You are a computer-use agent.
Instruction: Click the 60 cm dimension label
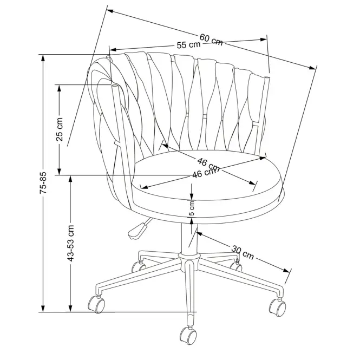click(211, 40)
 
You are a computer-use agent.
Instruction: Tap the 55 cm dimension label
click(189, 44)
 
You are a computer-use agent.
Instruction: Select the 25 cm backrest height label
click(60, 129)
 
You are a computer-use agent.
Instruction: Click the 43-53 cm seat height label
click(70, 244)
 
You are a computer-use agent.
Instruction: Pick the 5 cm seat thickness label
click(192, 208)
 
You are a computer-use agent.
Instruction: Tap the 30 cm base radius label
click(243, 253)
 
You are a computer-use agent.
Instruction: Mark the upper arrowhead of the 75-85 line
click(43, 58)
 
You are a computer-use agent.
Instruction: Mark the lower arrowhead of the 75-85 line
click(43, 309)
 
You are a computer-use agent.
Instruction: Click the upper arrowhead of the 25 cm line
click(59, 88)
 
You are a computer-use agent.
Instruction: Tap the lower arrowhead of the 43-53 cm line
click(70, 309)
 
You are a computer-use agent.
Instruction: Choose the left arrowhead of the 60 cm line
click(110, 11)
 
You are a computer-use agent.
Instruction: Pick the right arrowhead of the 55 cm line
click(264, 40)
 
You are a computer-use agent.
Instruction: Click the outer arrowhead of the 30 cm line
click(286, 270)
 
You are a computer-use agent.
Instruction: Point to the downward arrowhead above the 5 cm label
click(192, 196)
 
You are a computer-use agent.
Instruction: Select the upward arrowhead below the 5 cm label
click(192, 221)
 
